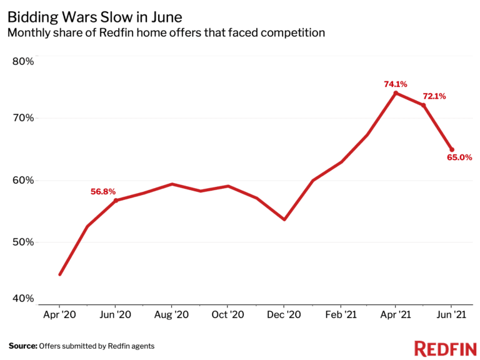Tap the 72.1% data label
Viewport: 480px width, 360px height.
(434, 96)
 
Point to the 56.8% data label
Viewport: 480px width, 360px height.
(103, 192)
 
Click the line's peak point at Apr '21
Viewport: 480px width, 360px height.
(396, 93)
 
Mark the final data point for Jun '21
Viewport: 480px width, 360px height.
(452, 150)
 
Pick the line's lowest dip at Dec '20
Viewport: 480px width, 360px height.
(284, 219)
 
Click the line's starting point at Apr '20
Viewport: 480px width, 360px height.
(60, 274)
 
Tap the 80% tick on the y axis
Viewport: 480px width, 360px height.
(23, 61)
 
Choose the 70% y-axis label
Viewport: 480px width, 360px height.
(23, 118)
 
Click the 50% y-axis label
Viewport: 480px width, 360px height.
(23, 242)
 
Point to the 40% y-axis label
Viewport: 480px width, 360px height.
(23, 298)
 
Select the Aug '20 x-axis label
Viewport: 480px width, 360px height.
(172, 316)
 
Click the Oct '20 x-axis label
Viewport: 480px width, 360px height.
(227, 316)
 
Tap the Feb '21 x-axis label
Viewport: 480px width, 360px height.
(340, 316)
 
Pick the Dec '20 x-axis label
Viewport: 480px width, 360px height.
(284, 316)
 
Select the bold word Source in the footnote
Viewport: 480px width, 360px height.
(22, 346)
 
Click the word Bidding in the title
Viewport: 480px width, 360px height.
(32, 15)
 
